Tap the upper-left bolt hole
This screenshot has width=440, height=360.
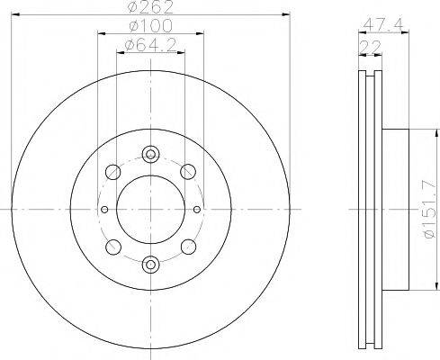click(x=112, y=171)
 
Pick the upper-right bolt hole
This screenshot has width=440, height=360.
click(x=188, y=171)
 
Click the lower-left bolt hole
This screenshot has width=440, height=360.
click(x=112, y=247)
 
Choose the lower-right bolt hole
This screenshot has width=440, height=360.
click(x=188, y=247)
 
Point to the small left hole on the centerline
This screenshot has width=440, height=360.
click(x=106, y=210)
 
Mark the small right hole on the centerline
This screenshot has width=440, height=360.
click(x=194, y=210)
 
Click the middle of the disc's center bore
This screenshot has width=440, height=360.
click(x=150, y=210)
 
